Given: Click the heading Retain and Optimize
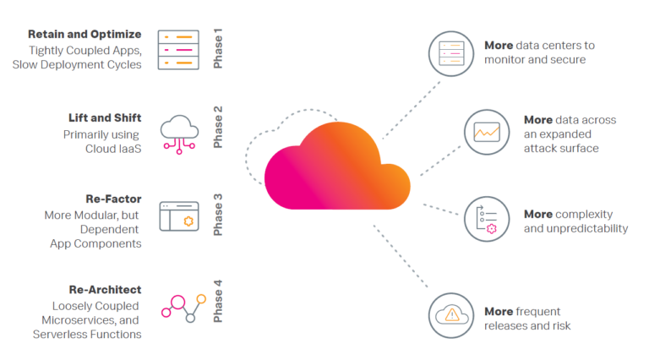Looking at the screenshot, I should pos(85,35).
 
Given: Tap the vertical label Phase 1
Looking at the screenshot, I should pos(218,49).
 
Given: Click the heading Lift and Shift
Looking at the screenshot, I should pos(105,117).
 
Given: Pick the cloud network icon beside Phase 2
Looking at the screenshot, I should pos(179,133).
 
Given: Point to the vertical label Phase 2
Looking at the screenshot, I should pos(218,127).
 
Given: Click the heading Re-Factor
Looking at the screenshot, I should pos(113,199).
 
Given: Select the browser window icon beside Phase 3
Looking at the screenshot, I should pos(179,216).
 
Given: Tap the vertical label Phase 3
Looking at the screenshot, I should pos(218,215).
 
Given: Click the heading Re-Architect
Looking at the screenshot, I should pos(105,289).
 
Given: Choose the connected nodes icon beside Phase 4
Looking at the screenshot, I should pos(183,306).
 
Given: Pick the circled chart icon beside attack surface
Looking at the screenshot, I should pos(486,132).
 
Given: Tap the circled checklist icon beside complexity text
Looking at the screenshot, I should pos(486,220).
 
